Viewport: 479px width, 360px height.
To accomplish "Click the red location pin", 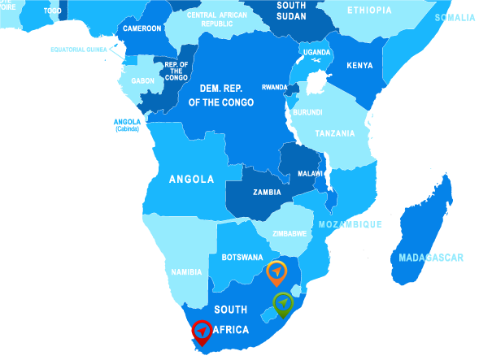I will [x=202, y=332].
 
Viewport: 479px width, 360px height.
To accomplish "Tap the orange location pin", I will [x=277, y=271].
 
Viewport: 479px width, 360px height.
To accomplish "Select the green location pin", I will [x=282, y=303].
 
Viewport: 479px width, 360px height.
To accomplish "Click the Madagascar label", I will [x=431, y=258].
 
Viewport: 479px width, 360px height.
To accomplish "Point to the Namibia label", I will [x=186, y=272].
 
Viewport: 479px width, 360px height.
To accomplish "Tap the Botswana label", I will [x=242, y=258].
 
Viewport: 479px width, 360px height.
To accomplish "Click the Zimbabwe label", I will [x=290, y=233].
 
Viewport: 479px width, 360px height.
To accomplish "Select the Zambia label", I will [x=267, y=193].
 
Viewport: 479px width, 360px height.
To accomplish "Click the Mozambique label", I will [x=350, y=223].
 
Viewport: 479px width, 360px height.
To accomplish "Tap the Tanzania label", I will [x=335, y=133].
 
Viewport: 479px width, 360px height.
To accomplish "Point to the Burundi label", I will [x=308, y=111].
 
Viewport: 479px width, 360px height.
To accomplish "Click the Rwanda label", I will [x=274, y=87].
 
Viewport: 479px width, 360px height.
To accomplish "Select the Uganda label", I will [x=317, y=52].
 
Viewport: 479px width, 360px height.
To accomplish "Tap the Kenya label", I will [x=359, y=66].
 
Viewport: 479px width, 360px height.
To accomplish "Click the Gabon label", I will [x=142, y=81].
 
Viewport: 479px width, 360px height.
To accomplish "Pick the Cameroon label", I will [x=142, y=28].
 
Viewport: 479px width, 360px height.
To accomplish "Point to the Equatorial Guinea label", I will [x=79, y=50].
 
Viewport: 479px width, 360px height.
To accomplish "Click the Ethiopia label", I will [x=368, y=11].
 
